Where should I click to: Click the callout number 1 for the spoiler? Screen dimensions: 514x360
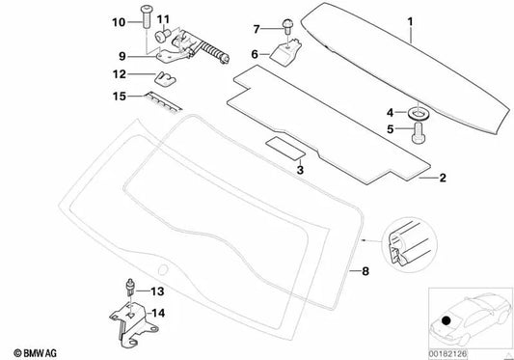coord(410,22)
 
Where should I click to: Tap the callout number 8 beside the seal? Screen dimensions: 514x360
coord(365,271)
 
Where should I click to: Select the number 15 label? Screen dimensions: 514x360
coord(120,97)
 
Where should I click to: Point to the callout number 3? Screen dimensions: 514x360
coord(300,170)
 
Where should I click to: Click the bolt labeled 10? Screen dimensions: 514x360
coord(145,16)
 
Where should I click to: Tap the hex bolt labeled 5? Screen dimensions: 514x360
coord(418,133)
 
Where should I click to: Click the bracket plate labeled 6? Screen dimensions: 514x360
coord(285,51)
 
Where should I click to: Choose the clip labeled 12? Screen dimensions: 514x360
coord(165,79)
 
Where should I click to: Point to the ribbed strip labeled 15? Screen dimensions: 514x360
coord(164,102)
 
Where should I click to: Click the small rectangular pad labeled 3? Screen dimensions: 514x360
coord(285,149)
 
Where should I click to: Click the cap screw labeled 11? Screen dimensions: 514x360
coord(162,36)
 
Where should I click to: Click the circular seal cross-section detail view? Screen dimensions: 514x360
coord(410,245)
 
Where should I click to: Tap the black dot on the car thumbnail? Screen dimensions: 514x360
coord(446,320)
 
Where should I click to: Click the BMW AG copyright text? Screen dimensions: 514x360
coord(36,353)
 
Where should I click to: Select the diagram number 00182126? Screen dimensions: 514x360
coord(447,354)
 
